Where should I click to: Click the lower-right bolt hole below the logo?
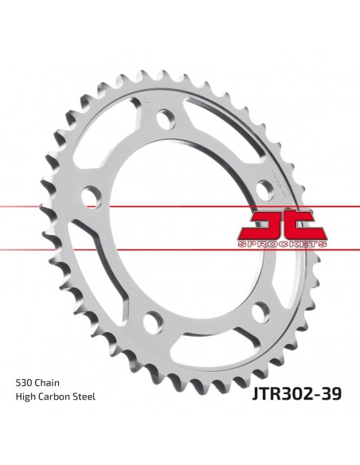(238, 313)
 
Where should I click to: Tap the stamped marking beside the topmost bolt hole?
(149, 104)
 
